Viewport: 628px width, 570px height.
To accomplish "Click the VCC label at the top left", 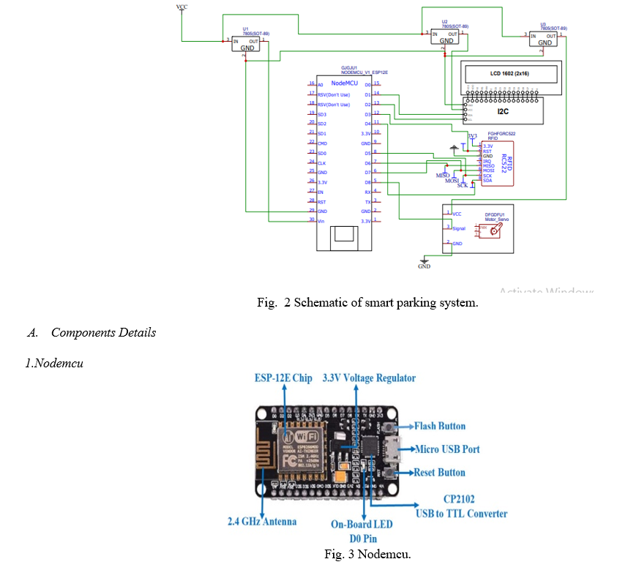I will pos(182,7).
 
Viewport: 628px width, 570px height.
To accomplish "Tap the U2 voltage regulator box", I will pos(446,37).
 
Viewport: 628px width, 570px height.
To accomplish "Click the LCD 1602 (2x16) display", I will pos(508,75).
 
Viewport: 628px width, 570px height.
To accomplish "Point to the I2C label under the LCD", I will pos(504,111).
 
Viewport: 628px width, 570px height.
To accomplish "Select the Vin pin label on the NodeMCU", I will pos(321,220).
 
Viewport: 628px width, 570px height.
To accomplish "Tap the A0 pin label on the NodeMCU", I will pos(320,85).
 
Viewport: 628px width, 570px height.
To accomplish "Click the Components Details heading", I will pos(103,333).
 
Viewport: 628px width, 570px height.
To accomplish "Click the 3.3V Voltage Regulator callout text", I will pos(369,378).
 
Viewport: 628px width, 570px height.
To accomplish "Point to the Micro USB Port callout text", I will pos(446,449).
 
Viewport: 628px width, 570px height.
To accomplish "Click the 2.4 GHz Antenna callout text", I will pos(261,522).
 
